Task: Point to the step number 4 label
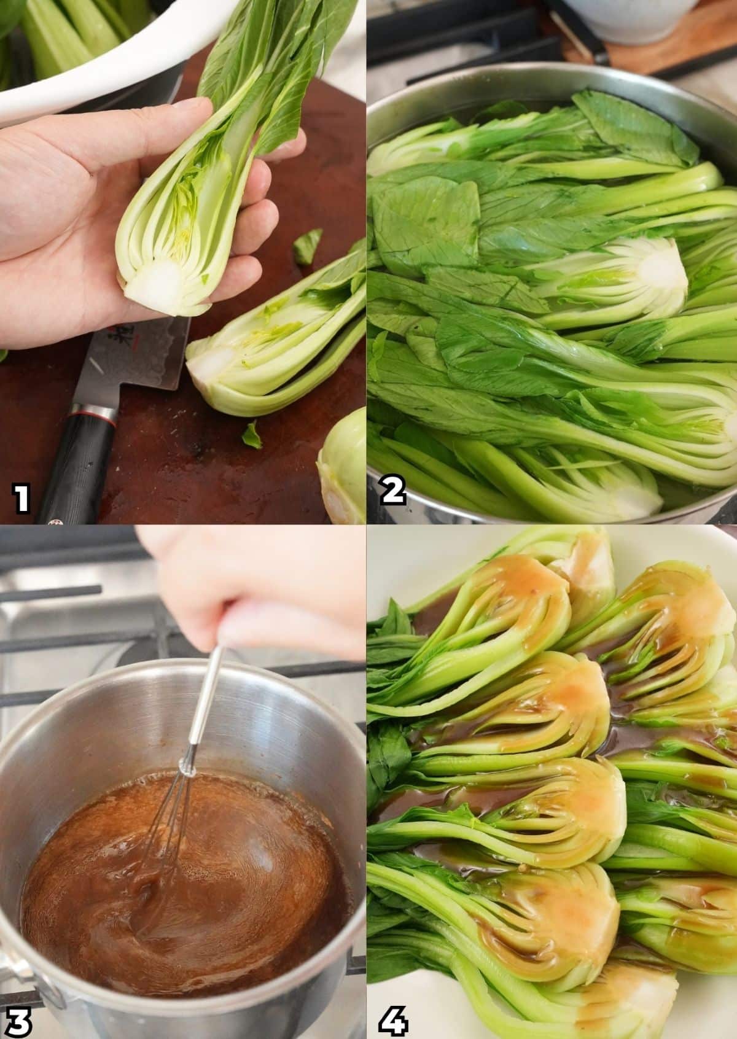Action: pos(394,1014)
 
